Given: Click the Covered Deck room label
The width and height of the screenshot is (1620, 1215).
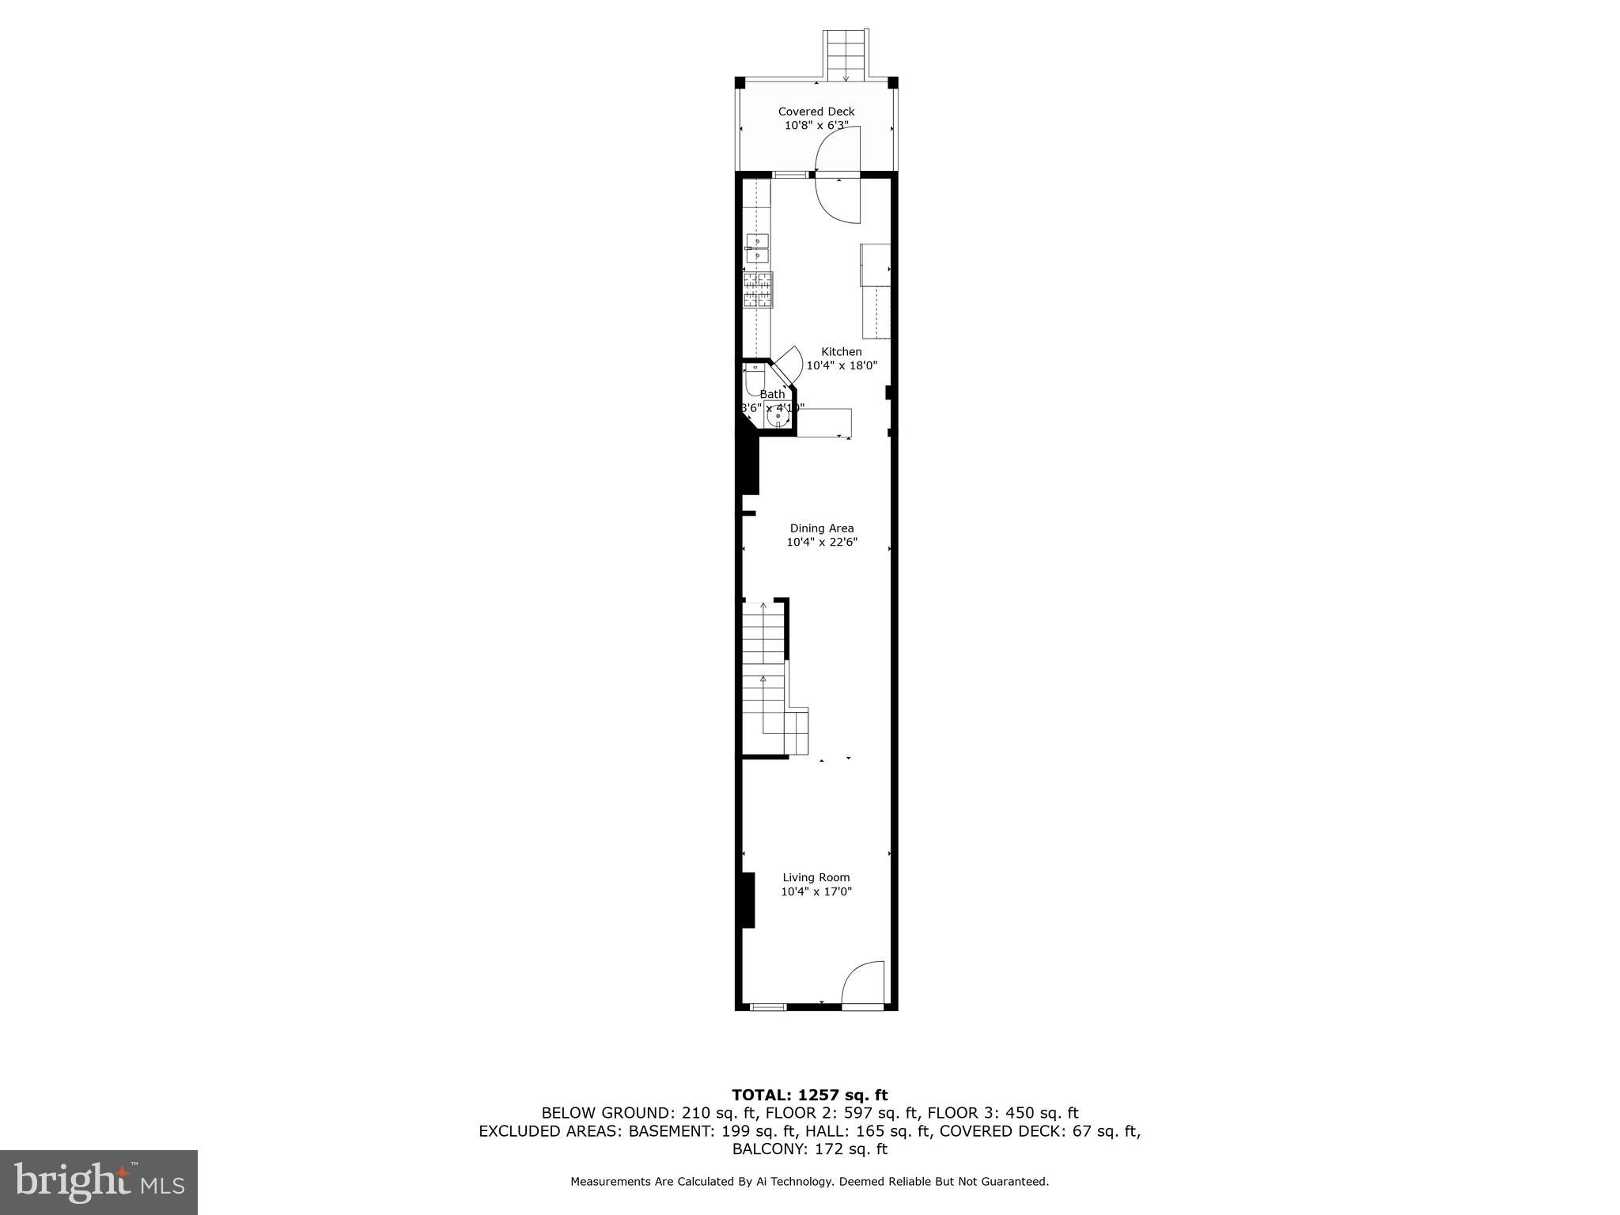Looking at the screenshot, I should [816, 112].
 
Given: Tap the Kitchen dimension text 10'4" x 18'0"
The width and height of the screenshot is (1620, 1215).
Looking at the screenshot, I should [841, 366].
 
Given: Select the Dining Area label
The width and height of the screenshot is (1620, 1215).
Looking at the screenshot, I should [821, 528].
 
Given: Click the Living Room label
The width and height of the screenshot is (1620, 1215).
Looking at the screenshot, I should [816, 877].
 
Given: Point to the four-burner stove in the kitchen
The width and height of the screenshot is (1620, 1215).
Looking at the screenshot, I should [758, 289].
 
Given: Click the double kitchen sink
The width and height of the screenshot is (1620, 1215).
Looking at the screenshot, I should [757, 248].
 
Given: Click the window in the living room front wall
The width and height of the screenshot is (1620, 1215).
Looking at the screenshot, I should [767, 1007].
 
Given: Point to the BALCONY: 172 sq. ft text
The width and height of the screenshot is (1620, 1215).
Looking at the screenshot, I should [809, 1149].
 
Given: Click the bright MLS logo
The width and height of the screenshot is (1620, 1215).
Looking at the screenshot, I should [98, 1183].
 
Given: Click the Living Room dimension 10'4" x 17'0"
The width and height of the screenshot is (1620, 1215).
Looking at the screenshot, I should [816, 891].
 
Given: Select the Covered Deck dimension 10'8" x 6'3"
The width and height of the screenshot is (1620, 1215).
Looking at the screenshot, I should [816, 126].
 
